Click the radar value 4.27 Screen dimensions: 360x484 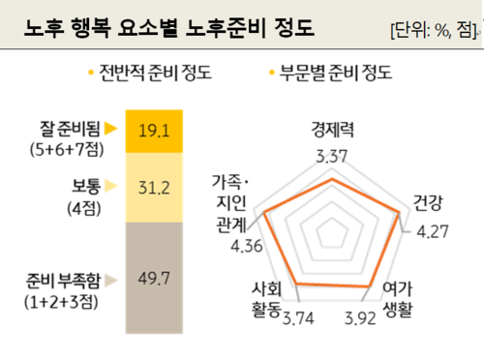[x=433, y=231]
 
